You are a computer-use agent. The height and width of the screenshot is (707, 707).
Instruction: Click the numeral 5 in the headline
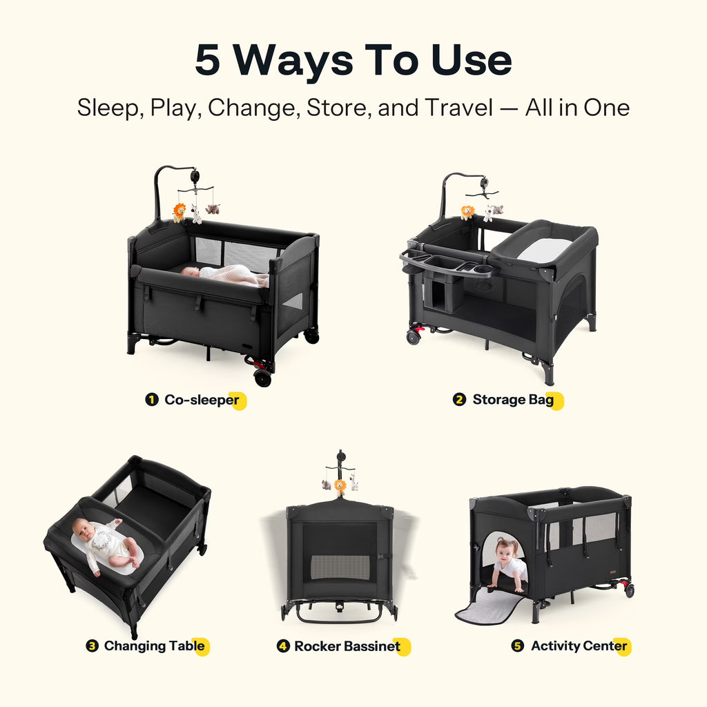207,59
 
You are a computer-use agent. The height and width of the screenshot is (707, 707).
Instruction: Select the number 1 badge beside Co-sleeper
152,400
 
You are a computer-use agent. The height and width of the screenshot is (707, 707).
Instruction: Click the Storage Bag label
513,400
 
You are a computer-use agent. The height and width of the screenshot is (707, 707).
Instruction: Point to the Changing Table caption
154,646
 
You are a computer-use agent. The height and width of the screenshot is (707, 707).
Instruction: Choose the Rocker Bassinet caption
347,646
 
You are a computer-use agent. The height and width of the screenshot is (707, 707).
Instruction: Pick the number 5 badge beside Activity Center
518,646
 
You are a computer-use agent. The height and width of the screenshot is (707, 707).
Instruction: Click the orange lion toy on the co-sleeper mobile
179,213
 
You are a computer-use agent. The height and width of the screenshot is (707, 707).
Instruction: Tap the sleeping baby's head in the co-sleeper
191,271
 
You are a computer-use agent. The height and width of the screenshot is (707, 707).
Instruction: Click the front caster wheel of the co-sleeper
262,377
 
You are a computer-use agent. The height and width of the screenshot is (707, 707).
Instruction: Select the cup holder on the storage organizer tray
483,271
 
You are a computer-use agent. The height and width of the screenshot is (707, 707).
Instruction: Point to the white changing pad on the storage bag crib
545,249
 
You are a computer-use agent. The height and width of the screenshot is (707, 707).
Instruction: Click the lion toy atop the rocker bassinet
340,487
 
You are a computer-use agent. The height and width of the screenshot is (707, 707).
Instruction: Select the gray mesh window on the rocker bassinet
340,568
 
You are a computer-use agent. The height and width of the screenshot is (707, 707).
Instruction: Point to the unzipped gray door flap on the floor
490,606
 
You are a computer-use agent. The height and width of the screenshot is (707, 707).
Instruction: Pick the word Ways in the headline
293,61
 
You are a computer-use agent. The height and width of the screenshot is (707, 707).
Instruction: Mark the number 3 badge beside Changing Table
92,646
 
